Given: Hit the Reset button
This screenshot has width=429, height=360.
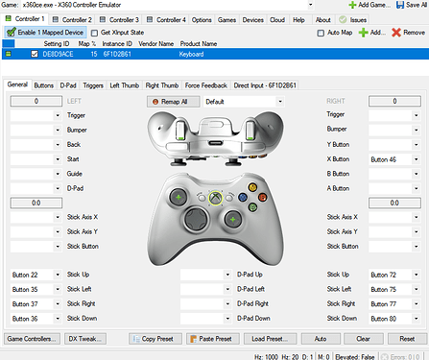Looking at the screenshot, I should [407, 339].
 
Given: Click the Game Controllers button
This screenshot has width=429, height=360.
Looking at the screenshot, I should [31, 339].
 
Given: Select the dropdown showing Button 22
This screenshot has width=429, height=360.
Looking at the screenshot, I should [35, 275].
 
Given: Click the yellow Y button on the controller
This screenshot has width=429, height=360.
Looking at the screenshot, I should [251, 186].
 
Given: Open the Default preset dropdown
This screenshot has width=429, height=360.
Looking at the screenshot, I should [244, 101].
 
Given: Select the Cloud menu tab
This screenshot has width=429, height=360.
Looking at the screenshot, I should [276, 19].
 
